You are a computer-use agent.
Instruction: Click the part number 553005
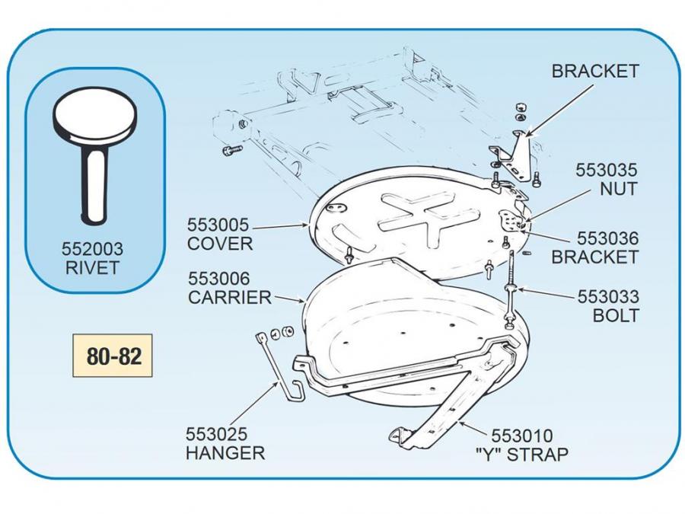tap(219, 225)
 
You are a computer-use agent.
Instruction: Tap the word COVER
tap(220, 244)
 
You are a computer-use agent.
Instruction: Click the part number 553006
tap(218, 279)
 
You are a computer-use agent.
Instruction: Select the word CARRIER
tap(229, 298)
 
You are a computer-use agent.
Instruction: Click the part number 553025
tap(217, 435)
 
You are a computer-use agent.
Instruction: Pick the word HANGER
tap(225, 453)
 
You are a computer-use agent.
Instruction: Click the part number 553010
tap(522, 436)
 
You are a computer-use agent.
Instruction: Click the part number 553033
tap(608, 296)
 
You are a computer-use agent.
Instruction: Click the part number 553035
tap(607, 170)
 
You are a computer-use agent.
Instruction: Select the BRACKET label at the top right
tap(595, 72)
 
